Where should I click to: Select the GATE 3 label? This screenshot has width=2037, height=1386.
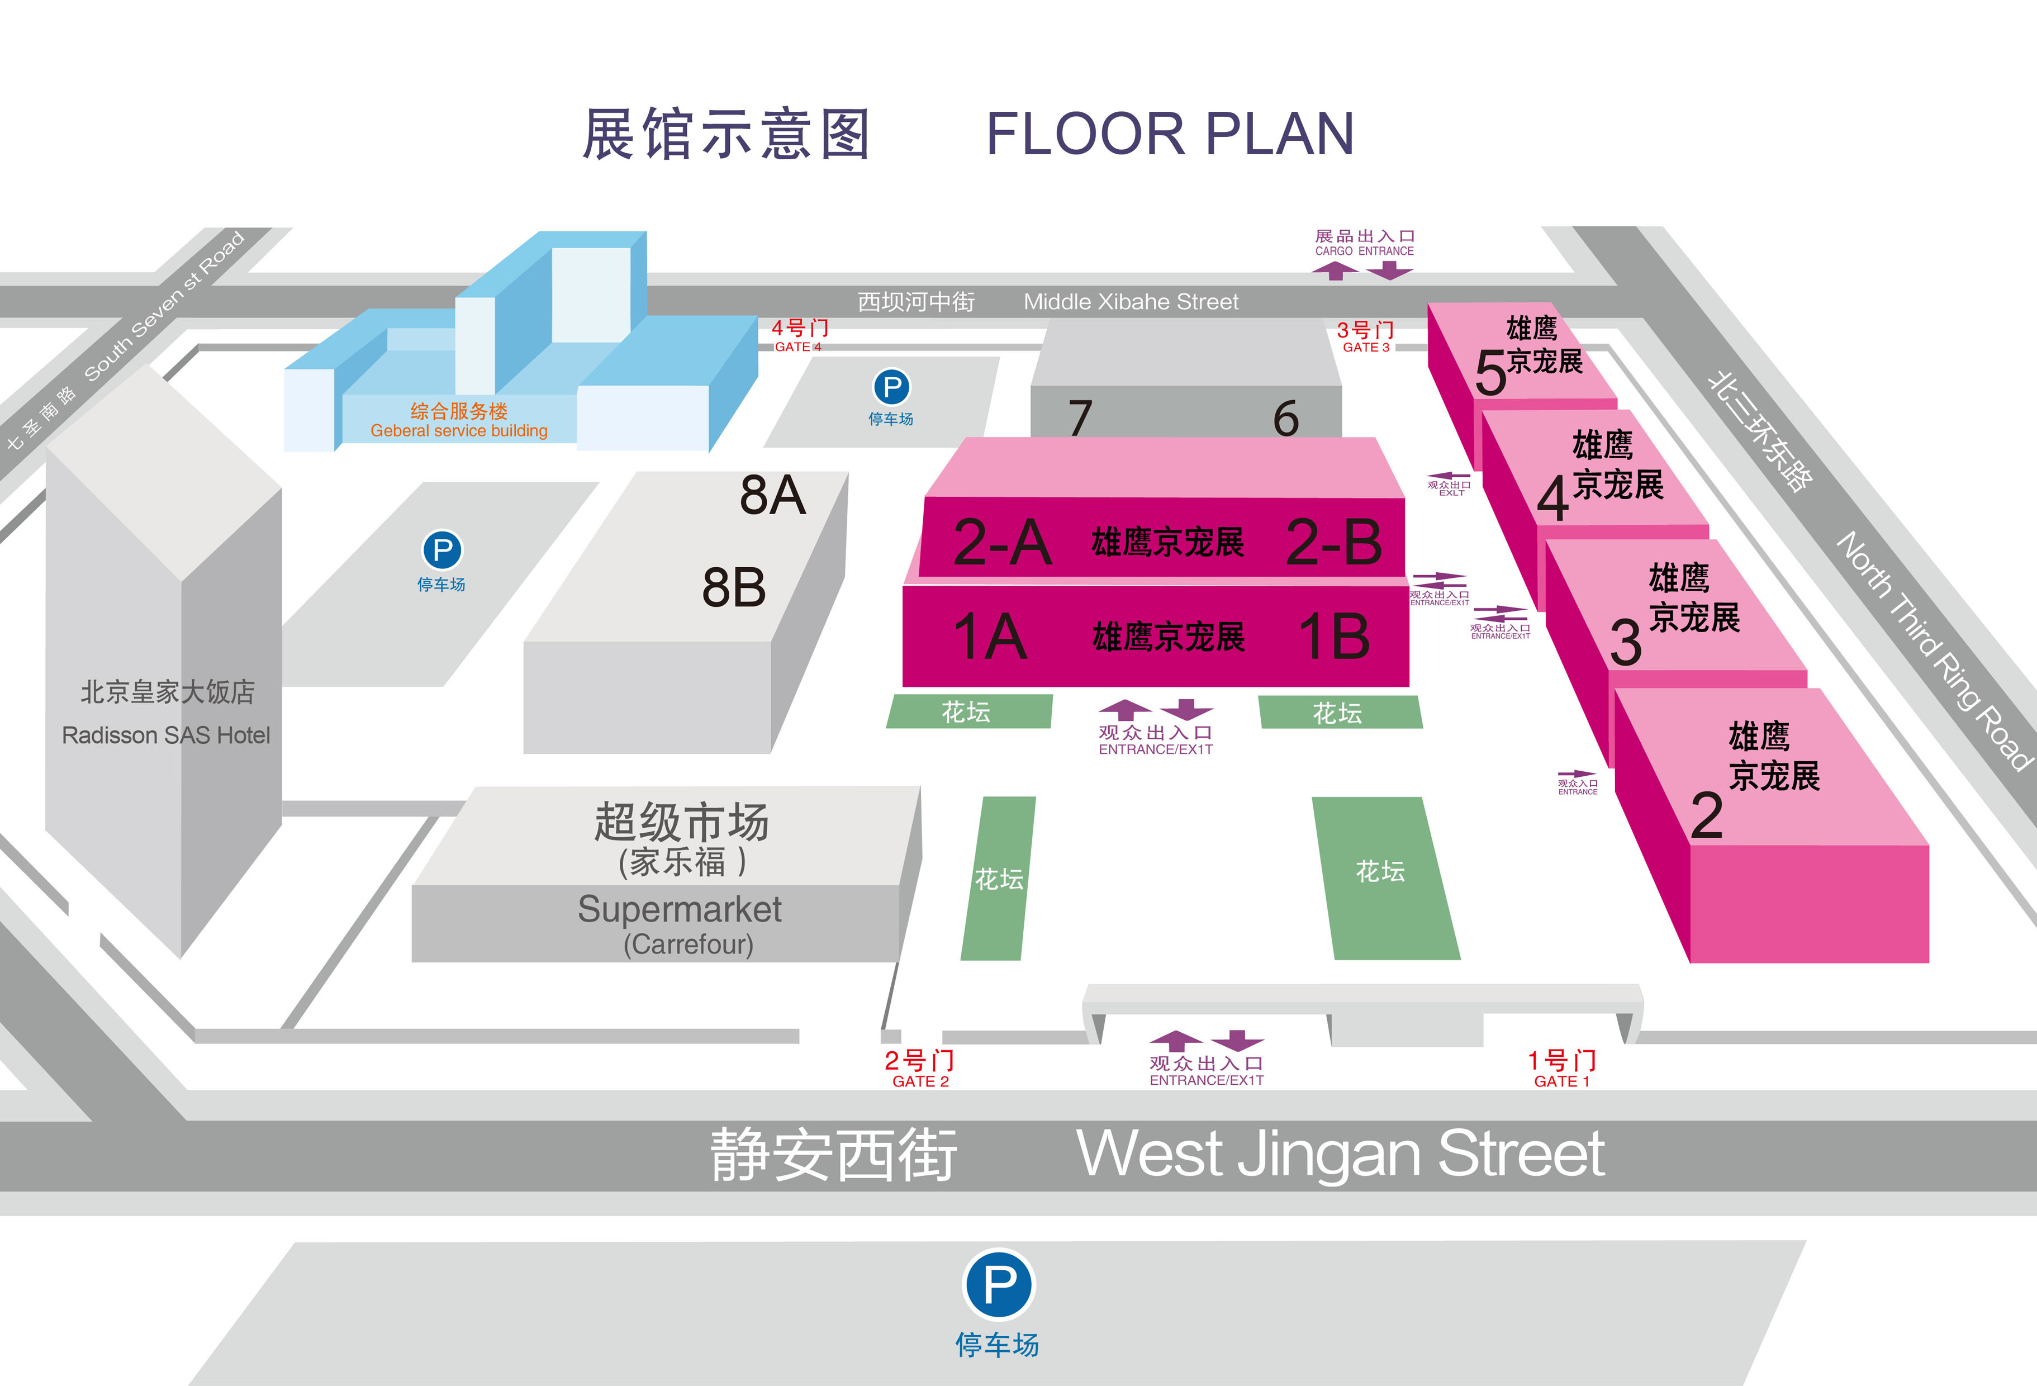(x=1366, y=347)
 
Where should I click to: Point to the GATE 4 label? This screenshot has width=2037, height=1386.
(x=797, y=347)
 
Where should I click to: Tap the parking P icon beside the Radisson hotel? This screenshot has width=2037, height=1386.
(x=443, y=550)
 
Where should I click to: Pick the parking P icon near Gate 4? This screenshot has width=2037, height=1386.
(x=891, y=387)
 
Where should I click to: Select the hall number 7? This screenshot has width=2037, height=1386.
(x=1081, y=417)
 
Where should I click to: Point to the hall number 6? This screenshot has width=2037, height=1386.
(x=1286, y=418)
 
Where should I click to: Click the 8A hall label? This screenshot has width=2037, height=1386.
(x=772, y=495)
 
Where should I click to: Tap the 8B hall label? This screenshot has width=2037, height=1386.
(x=734, y=587)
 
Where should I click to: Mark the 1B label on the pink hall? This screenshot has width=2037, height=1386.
(x=1334, y=637)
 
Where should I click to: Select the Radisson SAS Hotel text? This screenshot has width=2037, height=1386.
(x=165, y=735)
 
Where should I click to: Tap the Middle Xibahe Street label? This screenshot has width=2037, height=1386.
(x=1131, y=302)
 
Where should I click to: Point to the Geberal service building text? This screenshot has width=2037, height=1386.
(x=458, y=430)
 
